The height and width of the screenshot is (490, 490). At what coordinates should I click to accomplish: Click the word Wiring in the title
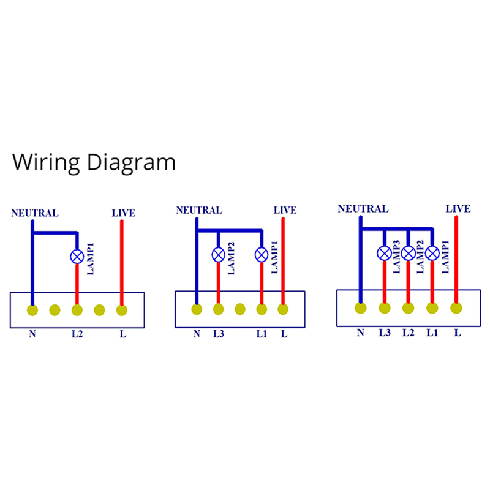[47, 162]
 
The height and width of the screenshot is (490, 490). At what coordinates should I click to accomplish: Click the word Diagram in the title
[130, 164]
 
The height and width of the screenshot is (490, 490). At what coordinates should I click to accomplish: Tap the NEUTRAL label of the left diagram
[35, 213]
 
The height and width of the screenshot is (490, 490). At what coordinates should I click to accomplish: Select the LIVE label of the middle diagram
[284, 210]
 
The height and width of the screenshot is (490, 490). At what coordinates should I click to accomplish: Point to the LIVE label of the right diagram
[458, 209]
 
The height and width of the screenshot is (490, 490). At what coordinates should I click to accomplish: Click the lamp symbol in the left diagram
[77, 257]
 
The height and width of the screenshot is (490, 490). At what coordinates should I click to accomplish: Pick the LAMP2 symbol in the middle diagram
[219, 254]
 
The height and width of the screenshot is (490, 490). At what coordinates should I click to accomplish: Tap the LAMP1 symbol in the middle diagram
[262, 254]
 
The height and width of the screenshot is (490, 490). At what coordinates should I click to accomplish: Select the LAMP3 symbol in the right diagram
[384, 253]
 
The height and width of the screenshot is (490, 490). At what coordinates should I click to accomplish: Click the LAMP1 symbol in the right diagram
[432, 253]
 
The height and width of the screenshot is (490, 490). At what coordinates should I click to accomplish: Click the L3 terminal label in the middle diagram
[219, 334]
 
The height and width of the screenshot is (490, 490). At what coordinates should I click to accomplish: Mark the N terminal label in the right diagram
[360, 333]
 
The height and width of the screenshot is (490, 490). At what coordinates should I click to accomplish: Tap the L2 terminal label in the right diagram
[409, 333]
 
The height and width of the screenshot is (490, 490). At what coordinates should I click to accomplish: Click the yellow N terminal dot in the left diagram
[32, 310]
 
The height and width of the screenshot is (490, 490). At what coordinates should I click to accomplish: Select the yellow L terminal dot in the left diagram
[121, 310]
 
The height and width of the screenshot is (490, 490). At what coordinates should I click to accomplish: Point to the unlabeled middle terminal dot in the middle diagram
[240, 309]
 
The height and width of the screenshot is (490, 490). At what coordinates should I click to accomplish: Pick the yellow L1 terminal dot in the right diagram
[432, 308]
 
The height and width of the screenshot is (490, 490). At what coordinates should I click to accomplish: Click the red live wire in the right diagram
[456, 257]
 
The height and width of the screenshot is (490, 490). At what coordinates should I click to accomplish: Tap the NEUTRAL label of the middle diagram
[198, 210]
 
